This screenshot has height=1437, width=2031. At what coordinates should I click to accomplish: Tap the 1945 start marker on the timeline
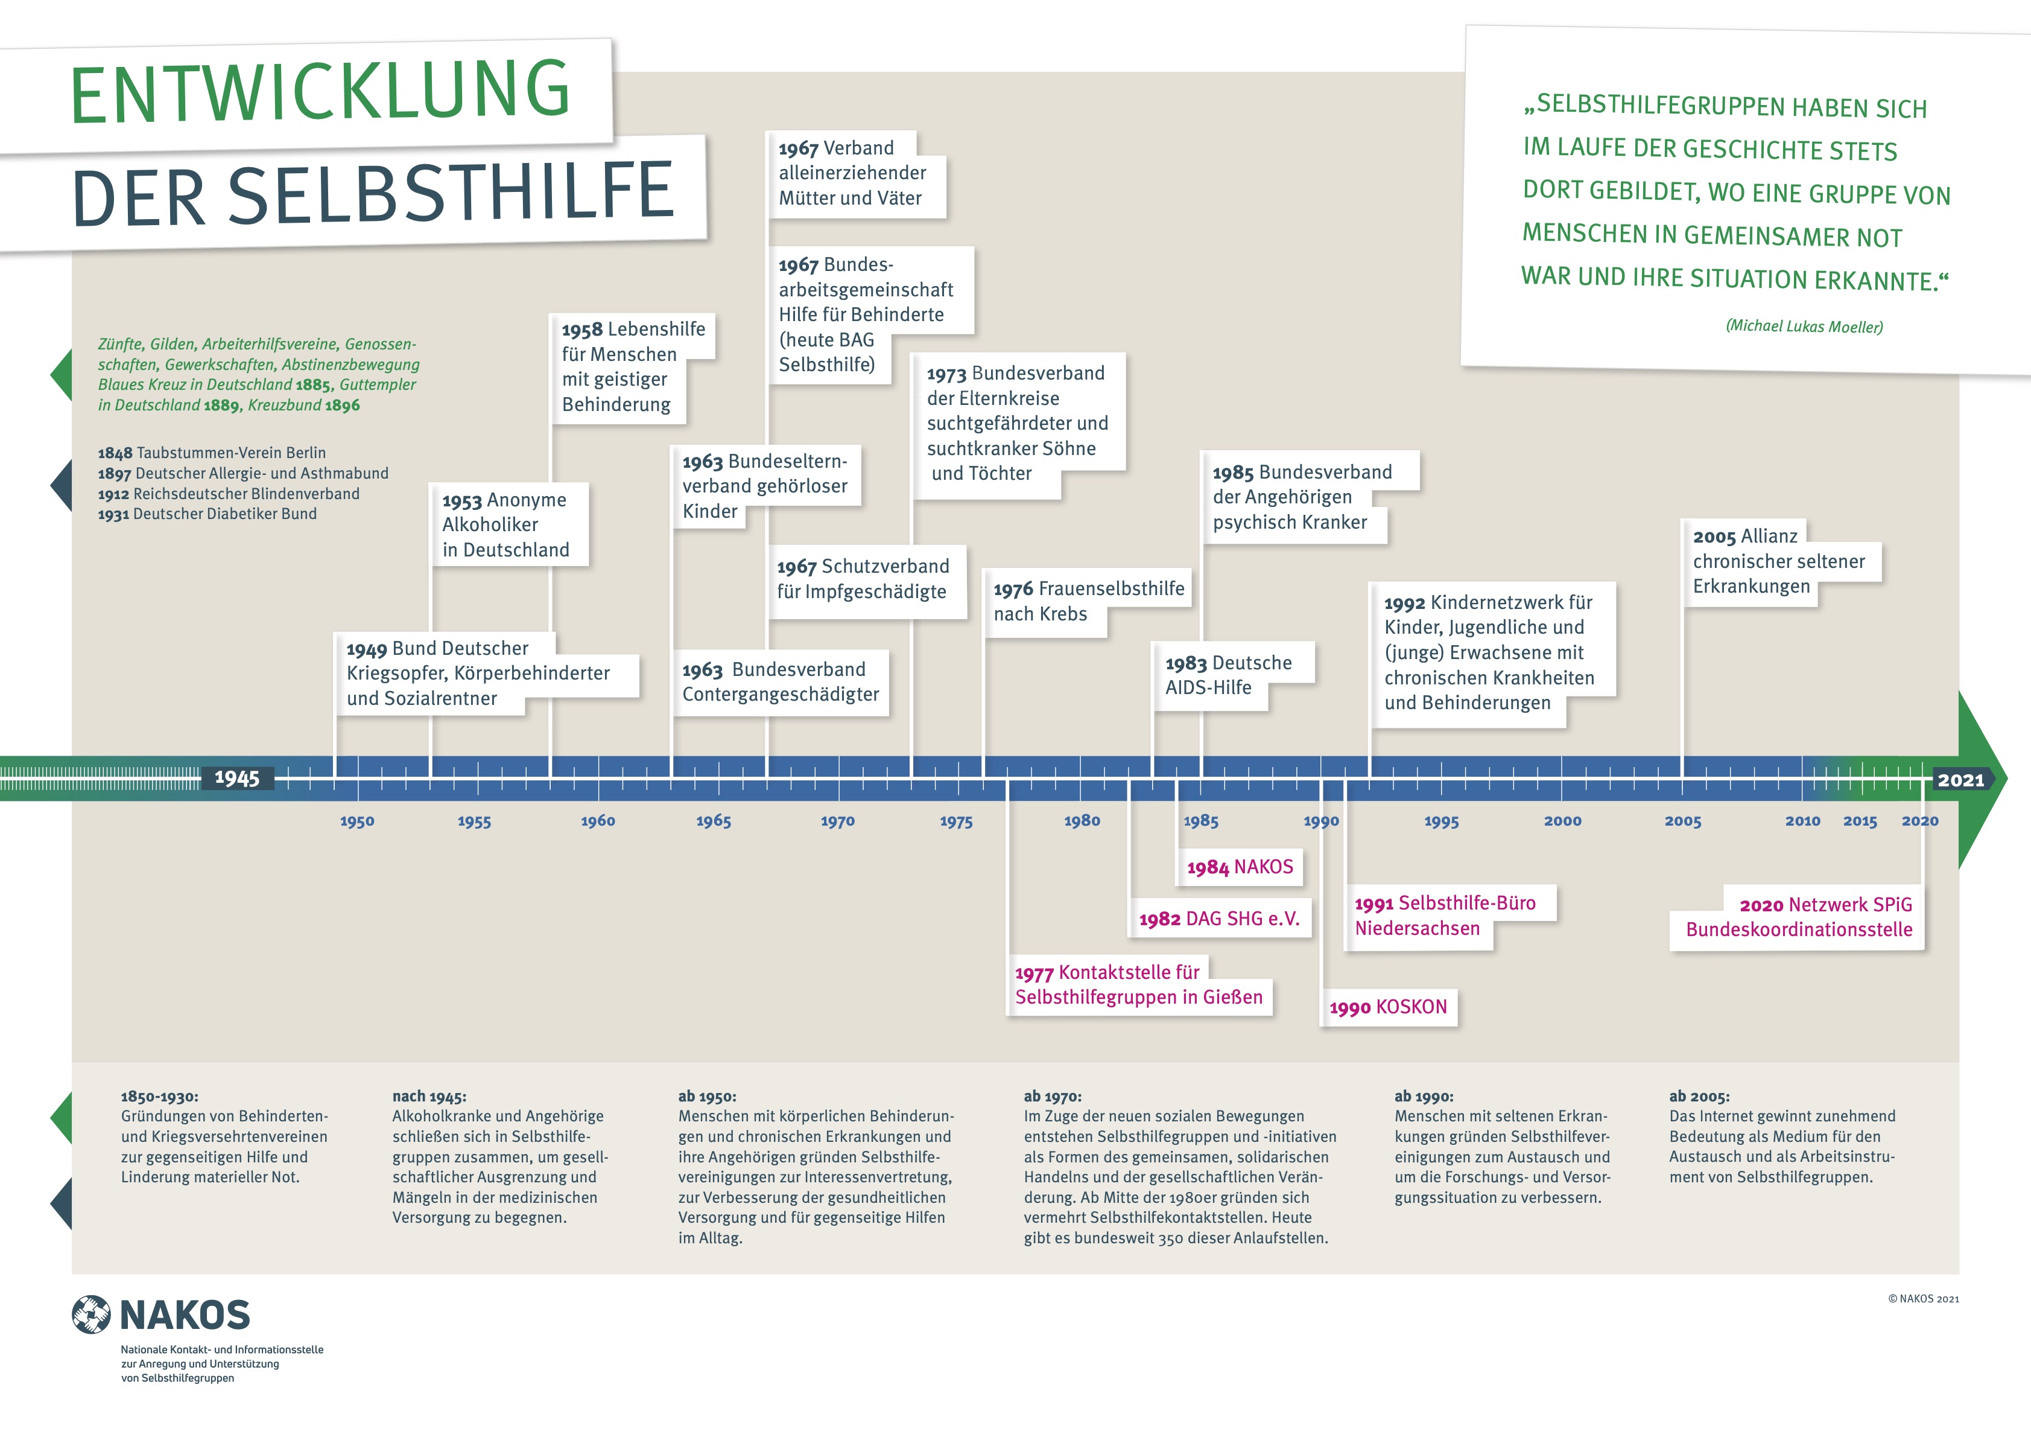coord(237,779)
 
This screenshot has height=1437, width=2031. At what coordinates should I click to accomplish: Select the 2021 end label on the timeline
coord(1961,780)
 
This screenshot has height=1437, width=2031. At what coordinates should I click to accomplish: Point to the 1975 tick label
coord(955,821)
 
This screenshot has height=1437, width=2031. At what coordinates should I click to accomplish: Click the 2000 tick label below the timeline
coord(1562,821)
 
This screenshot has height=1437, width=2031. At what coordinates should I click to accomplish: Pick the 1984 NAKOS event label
coord(1240,867)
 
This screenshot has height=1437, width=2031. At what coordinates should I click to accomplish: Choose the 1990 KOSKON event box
coord(1388,1007)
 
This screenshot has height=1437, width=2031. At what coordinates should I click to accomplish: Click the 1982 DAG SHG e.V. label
coord(1219,919)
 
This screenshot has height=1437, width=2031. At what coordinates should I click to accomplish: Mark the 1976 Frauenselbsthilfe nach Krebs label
coord(1088,602)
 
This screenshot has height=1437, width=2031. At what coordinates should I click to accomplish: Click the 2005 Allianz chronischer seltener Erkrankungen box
coord(1780,562)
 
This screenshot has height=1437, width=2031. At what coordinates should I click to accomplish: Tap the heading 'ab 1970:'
coord(1053,1097)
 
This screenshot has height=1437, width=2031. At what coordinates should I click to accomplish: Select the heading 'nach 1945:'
coord(429,1097)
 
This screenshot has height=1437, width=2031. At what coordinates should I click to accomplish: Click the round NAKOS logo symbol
coord(91,1315)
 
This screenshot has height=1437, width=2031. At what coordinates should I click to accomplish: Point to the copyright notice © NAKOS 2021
coord(1923,1299)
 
